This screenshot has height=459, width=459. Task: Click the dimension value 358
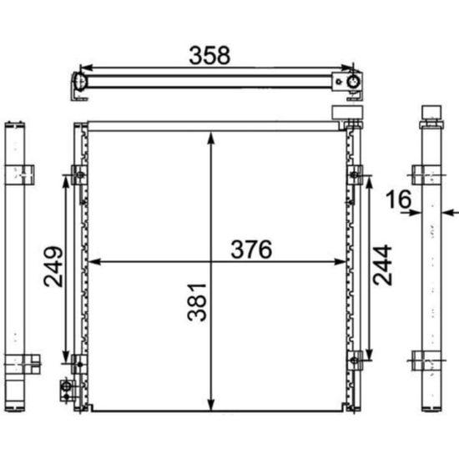(x=209, y=55)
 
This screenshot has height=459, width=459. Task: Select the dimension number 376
(x=251, y=250)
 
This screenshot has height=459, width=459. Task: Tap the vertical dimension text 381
(x=197, y=302)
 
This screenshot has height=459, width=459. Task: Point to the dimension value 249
(x=53, y=266)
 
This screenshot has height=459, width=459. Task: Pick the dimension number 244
(x=382, y=265)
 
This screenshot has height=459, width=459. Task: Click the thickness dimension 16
(x=398, y=199)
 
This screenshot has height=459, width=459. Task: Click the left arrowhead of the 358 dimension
(x=86, y=68)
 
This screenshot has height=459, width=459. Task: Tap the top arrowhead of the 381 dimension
(x=211, y=138)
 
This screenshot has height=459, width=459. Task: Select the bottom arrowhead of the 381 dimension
(x=211, y=404)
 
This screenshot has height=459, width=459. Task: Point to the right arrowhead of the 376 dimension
(x=340, y=262)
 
